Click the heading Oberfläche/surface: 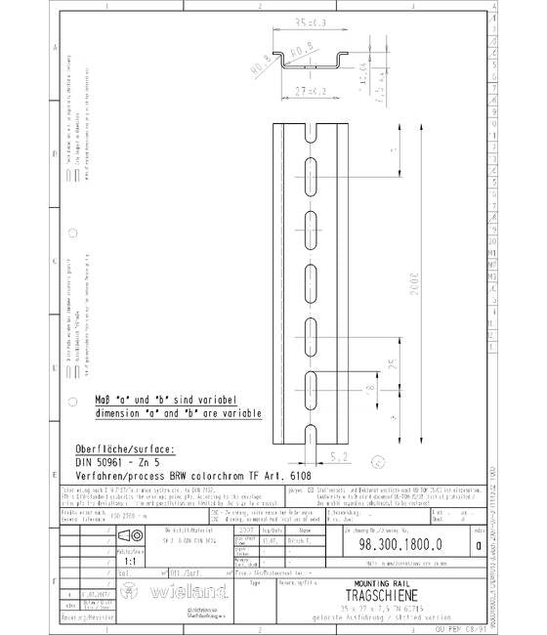click(124, 448)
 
